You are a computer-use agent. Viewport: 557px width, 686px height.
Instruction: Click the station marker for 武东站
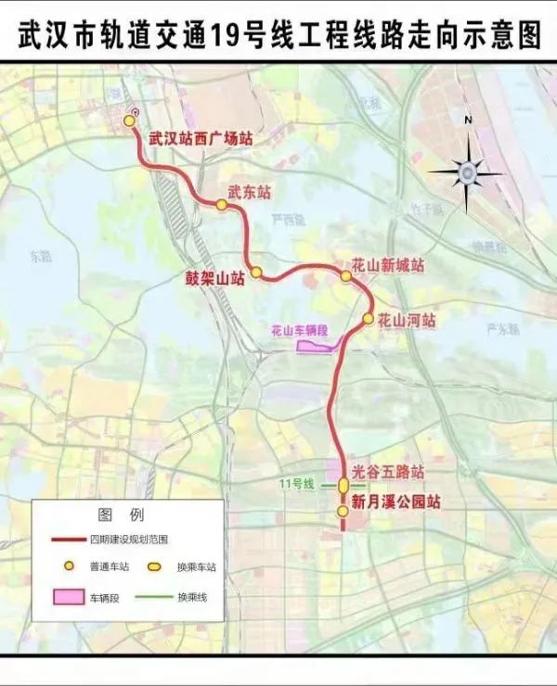(x=222, y=206)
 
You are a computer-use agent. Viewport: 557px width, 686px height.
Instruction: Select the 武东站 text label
(x=250, y=193)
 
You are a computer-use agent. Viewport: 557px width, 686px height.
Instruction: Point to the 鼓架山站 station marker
(x=257, y=273)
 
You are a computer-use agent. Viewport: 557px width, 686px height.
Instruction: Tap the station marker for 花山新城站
(x=346, y=275)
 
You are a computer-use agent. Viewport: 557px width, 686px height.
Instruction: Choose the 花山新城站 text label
(x=388, y=265)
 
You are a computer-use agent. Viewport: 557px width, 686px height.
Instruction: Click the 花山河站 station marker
(x=368, y=319)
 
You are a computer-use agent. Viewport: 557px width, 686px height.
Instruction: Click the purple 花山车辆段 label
(x=300, y=330)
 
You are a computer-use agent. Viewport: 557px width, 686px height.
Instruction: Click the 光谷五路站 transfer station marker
(x=343, y=485)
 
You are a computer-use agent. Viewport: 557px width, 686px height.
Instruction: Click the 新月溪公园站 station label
(x=395, y=502)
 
